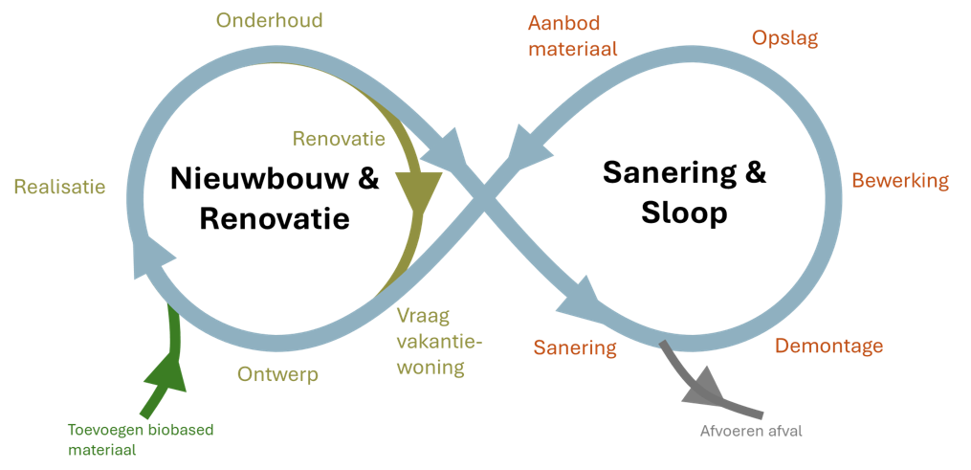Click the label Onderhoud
(269, 20)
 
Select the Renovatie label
(339, 139)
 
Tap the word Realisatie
(59, 187)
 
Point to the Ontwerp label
(277, 374)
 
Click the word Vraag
(423, 316)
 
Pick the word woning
(430, 367)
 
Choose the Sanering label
(575, 347)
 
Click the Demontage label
(828, 346)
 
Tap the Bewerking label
(900, 181)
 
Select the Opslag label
(784, 38)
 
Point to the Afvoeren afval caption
(751, 431)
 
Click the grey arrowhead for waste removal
(706, 386)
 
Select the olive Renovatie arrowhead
(417, 192)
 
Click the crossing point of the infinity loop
(485, 199)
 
